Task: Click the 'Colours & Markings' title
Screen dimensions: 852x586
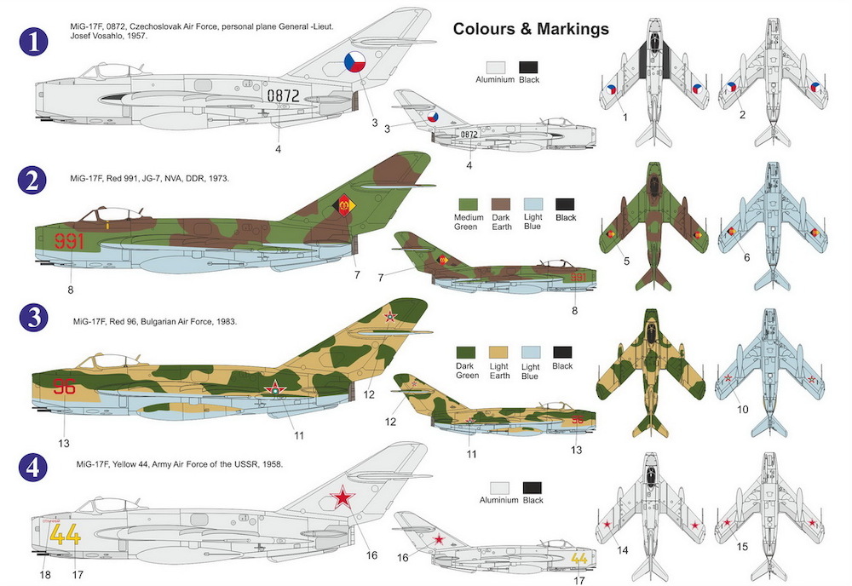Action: (531, 29)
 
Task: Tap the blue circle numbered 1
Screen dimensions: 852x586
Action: (33, 42)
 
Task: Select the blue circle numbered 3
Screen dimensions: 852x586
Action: (33, 317)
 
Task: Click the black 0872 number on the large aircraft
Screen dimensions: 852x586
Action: (283, 95)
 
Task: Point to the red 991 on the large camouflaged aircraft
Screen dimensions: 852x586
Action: (69, 240)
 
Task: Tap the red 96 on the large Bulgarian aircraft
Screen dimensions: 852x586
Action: (64, 387)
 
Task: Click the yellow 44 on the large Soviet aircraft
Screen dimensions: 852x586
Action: (66, 536)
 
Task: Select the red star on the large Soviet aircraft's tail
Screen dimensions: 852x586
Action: (343, 497)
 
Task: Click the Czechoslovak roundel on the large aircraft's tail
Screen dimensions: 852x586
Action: (354, 62)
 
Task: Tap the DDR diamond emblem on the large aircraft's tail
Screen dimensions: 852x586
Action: (344, 206)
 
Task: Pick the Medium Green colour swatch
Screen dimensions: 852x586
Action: (468, 204)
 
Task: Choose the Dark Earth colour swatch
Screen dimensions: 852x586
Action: (501, 204)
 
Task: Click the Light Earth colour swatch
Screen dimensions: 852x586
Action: (498, 353)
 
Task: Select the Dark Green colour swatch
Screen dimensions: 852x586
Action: (466, 353)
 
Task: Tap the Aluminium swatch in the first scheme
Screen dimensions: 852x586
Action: (496, 67)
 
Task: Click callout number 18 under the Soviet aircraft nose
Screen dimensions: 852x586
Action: (45, 574)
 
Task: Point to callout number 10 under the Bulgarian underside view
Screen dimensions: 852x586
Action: (743, 409)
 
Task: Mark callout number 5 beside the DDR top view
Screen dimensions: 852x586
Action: (626, 261)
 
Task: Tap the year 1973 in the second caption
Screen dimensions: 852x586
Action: (217, 178)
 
